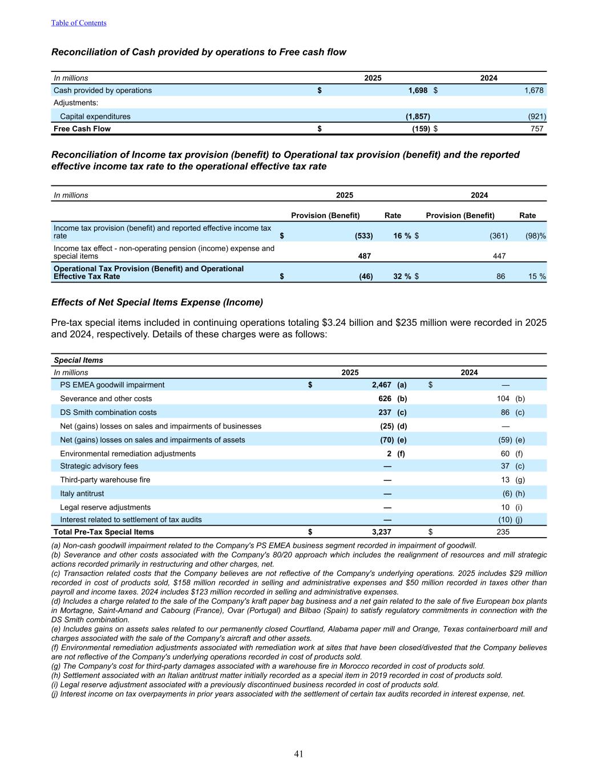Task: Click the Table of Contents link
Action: (79, 23)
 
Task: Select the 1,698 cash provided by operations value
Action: (418, 90)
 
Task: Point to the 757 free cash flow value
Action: (536, 129)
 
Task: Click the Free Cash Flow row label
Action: (82, 129)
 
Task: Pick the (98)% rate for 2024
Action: (536, 236)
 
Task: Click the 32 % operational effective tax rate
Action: (402, 276)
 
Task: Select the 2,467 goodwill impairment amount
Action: (381, 385)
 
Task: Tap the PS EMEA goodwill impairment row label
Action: (112, 385)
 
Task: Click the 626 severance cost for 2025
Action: (385, 399)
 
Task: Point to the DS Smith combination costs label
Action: (108, 413)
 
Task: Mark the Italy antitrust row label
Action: (82, 494)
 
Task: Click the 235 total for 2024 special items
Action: (503, 532)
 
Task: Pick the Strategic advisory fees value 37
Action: (505, 466)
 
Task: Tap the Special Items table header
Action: (78, 360)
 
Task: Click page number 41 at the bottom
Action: (299, 754)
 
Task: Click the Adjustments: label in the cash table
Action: (76, 103)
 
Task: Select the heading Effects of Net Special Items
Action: (157, 302)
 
